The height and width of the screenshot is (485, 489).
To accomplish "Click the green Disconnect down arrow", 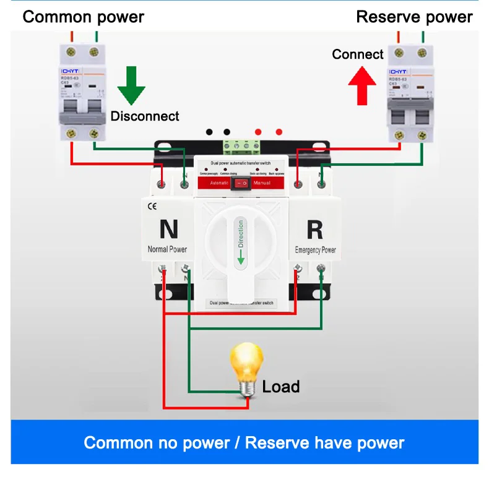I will click(132, 85).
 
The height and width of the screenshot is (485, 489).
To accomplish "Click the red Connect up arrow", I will click(362, 85).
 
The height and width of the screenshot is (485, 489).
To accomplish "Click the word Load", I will click(281, 387).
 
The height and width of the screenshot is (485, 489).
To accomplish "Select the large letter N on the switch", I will click(168, 229).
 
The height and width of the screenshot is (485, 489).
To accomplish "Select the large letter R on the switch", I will click(314, 229).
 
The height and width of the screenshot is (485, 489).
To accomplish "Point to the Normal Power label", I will click(167, 249).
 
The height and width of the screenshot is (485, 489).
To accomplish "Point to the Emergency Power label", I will click(316, 250).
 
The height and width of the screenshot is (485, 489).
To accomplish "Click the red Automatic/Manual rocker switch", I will click(241, 184).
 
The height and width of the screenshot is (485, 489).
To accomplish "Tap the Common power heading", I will click(83, 17).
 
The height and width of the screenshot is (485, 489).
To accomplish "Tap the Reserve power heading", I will click(414, 17).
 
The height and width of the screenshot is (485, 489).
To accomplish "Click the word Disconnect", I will click(145, 116).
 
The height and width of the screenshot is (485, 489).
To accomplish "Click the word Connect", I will click(358, 54).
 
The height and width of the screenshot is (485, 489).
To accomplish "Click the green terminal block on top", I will click(243, 146).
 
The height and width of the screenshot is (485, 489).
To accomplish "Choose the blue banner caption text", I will click(244, 443).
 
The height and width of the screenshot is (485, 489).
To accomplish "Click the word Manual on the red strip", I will click(261, 184).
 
